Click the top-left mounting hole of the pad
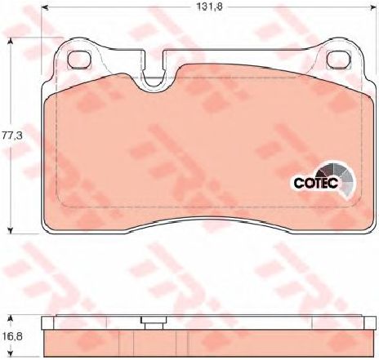click(x=80, y=60)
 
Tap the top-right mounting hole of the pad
click(x=337, y=60)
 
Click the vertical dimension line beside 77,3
click(x=9, y=98)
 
